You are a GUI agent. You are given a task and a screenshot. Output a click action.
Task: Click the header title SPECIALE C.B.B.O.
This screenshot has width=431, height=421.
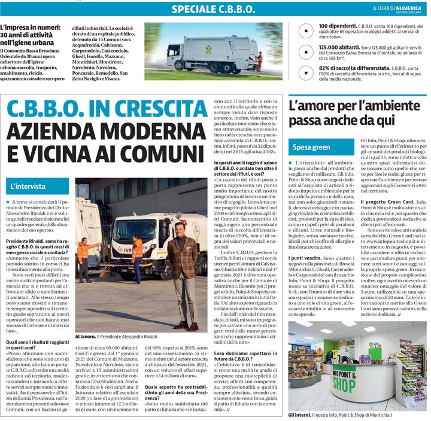click(x=213, y=9)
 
